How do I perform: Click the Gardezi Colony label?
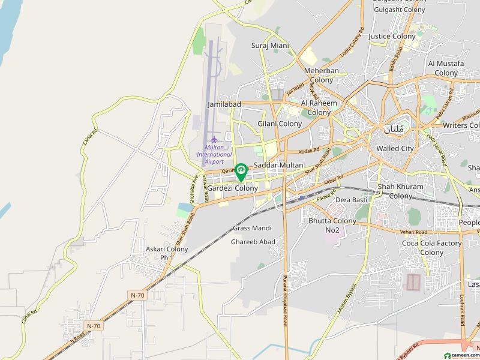(x=233, y=188)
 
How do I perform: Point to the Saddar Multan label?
(x=278, y=165)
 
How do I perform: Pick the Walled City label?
(x=395, y=148)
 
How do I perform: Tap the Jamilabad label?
(x=224, y=104)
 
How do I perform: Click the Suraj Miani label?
(x=270, y=46)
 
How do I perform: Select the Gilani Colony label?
(x=280, y=124)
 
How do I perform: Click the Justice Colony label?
(x=392, y=37)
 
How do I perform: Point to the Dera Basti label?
(x=351, y=200)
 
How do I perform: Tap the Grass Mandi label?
(x=252, y=228)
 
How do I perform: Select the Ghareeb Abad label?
(x=253, y=242)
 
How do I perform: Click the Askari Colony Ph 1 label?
(x=167, y=253)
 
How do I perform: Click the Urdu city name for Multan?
(x=394, y=129)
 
